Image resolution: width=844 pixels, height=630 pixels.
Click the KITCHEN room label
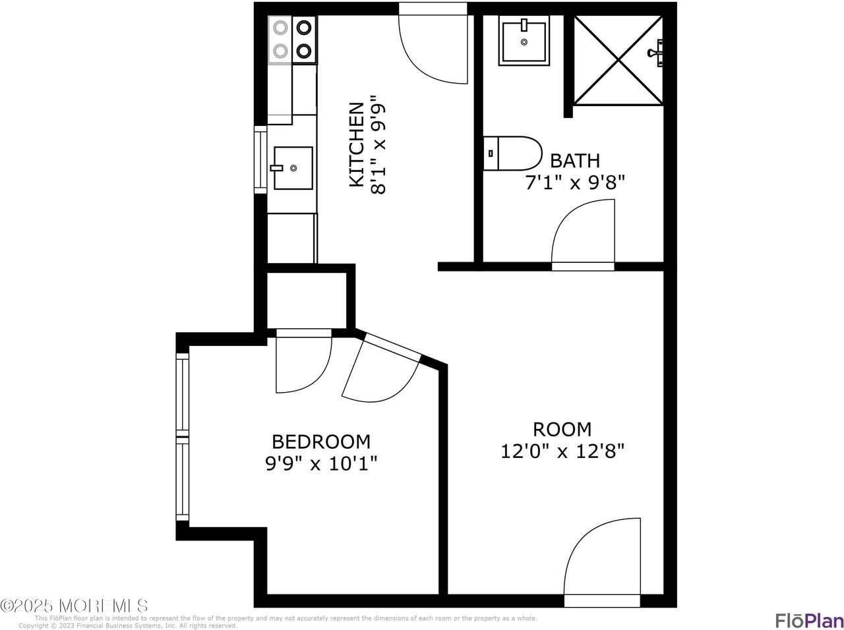click(x=355, y=144)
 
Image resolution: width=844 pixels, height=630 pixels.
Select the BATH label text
click(x=575, y=160)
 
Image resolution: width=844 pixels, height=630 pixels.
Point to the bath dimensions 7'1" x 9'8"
click(x=574, y=183)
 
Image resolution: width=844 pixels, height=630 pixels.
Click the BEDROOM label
click(x=321, y=441)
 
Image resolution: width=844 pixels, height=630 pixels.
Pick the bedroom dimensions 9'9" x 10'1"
click(x=321, y=464)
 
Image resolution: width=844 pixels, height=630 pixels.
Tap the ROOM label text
click(x=562, y=429)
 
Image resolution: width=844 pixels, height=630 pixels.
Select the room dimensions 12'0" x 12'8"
click(x=562, y=451)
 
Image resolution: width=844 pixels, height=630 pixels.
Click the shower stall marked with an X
click(x=618, y=60)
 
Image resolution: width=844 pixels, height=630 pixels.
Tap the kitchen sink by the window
click(x=293, y=168)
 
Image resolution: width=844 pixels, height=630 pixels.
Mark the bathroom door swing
click(x=583, y=234)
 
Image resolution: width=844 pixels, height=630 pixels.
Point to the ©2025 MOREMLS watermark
click(x=74, y=605)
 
